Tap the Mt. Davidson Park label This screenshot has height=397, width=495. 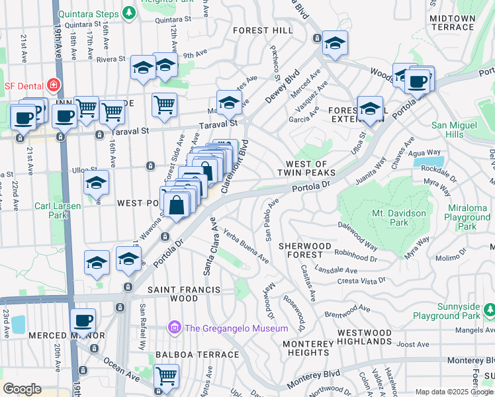coord(399,218)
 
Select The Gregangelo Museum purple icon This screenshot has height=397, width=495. coord(175,328)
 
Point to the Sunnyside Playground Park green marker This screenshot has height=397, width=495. coord(488,310)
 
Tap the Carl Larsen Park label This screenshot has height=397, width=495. coord(58,210)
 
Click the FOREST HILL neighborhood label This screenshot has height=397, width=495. coord(263,30)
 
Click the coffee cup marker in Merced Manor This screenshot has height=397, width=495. coord(83,321)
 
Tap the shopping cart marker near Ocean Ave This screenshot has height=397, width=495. coord(167,376)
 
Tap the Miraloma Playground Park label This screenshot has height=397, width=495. coord(467,218)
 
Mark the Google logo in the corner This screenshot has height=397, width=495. coord(22,389)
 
